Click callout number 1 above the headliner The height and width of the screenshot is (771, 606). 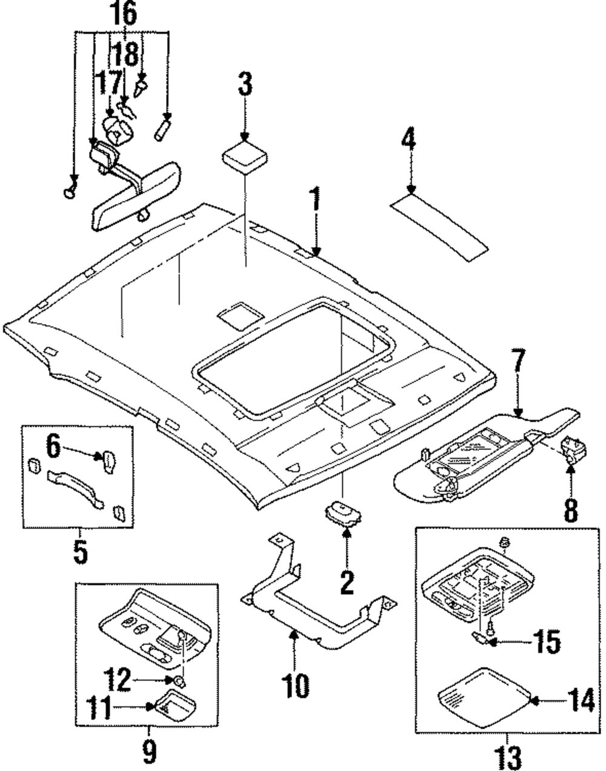click(314, 209)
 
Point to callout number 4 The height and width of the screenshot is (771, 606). click(409, 140)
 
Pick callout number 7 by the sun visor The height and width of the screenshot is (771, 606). click(518, 369)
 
